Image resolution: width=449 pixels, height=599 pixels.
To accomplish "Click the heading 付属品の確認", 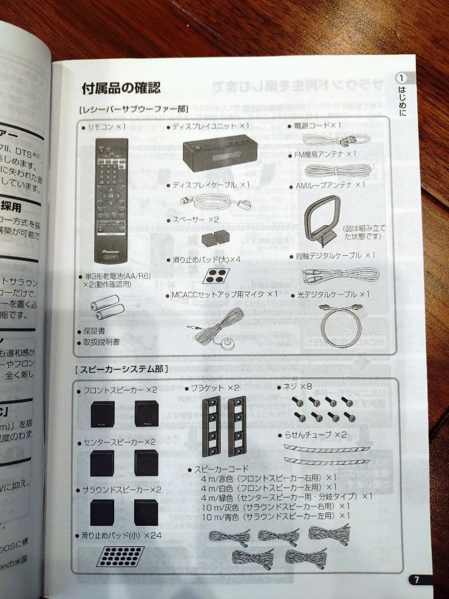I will tap(121, 88).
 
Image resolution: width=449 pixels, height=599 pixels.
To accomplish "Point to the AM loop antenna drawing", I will tap(324, 217).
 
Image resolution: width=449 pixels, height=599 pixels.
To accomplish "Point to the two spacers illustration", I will tap(216, 238).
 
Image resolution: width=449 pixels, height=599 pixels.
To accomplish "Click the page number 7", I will tap(417, 580).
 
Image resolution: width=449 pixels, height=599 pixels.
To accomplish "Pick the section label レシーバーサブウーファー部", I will tap(134, 109).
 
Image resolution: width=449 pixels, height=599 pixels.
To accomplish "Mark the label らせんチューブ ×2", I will tap(314, 434).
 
